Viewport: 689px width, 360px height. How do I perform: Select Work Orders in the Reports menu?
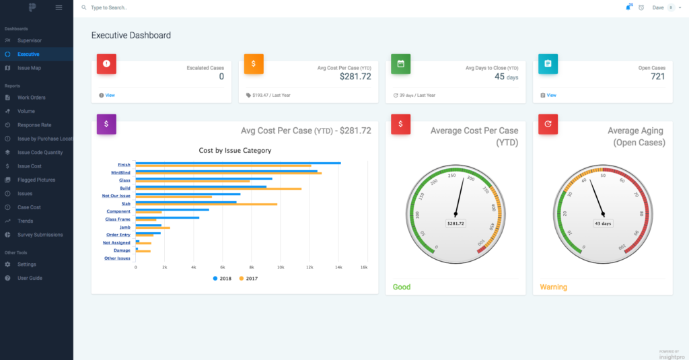[31, 98]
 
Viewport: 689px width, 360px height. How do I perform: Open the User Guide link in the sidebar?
[30, 278]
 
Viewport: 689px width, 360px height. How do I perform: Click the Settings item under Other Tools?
[27, 264]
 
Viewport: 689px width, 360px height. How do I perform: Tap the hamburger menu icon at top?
[59, 7]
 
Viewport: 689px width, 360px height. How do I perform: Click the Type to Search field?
[202, 7]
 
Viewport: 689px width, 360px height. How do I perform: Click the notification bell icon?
[628, 7]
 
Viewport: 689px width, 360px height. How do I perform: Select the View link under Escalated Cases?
[110, 96]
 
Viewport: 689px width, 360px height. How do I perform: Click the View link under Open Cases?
[551, 96]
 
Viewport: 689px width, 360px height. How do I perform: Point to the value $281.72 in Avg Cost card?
[355, 77]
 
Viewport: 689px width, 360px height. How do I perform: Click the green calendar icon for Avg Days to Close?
[400, 63]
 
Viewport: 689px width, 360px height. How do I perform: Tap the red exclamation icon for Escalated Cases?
[106, 63]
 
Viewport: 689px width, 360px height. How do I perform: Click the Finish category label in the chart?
[124, 164]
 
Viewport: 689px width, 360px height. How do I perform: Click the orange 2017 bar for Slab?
[206, 204]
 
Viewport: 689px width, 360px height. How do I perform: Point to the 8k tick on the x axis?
[252, 267]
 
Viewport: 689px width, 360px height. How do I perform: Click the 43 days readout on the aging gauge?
[603, 223]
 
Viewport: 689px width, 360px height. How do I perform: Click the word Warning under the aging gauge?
[553, 287]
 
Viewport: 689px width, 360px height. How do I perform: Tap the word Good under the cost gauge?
[402, 287]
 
